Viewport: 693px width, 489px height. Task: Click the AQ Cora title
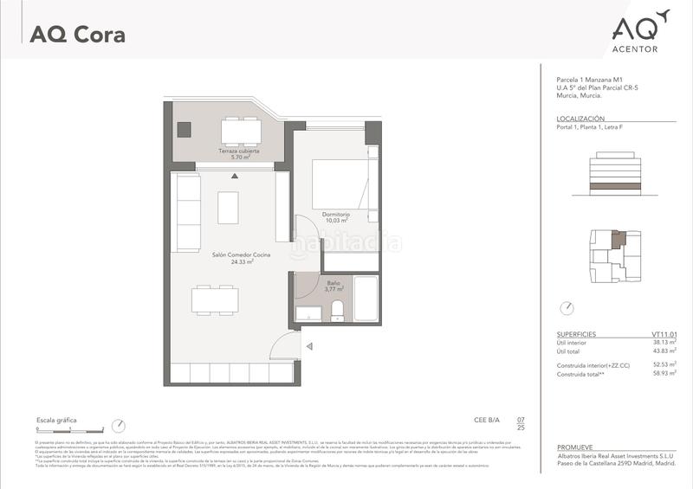click(x=77, y=35)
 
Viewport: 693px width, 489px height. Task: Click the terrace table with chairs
click(x=241, y=131)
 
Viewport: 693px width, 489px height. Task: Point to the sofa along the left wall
click(x=187, y=208)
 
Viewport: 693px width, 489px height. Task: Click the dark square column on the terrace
click(x=184, y=129)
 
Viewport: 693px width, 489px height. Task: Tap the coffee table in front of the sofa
click(x=228, y=207)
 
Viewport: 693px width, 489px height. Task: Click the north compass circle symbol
click(x=567, y=307)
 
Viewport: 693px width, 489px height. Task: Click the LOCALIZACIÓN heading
click(x=581, y=118)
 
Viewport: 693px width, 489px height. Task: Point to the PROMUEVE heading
click(x=576, y=447)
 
